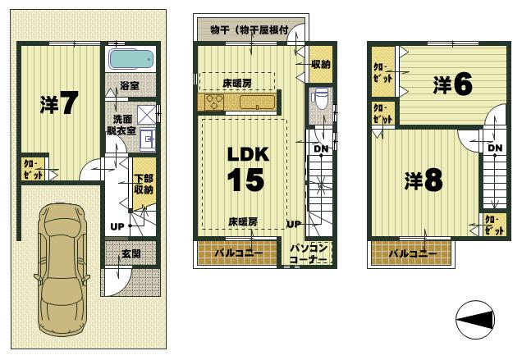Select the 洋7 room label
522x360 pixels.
pyautogui.click(x=58, y=103)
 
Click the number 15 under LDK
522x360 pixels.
pyautogui.click(x=245, y=179)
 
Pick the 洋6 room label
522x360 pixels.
pyautogui.click(x=452, y=84)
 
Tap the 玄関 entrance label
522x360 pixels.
pyautogui.click(x=130, y=253)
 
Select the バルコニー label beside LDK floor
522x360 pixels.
pyautogui.click(x=239, y=253)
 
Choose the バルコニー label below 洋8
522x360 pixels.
pyautogui.click(x=413, y=253)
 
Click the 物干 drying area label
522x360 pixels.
pyautogui.click(x=248, y=30)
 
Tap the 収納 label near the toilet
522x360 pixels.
pyautogui.click(x=321, y=64)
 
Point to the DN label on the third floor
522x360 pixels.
pyautogui.click(x=495, y=148)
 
